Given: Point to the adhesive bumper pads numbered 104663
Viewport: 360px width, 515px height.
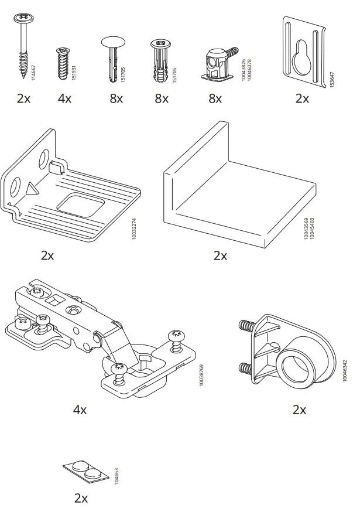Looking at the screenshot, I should (x=85, y=471).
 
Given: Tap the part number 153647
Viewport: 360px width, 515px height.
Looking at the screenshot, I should (x=332, y=80).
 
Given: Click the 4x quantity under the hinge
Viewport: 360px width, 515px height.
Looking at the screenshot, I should (x=80, y=410).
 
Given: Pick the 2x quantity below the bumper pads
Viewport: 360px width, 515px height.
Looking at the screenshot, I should (x=81, y=499).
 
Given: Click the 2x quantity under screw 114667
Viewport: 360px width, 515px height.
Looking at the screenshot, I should (x=23, y=98).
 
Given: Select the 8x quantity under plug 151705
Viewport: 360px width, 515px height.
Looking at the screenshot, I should (x=116, y=98).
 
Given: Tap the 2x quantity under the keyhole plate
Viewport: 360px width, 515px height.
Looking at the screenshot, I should (x=302, y=98).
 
